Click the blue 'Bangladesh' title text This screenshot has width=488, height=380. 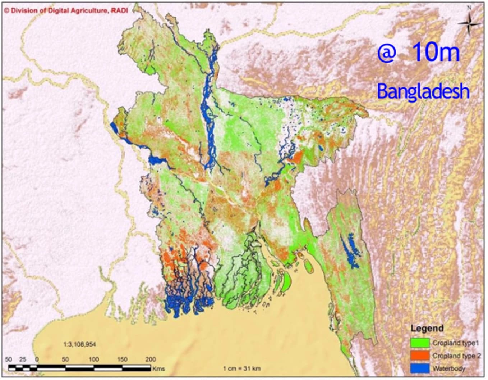(423, 91)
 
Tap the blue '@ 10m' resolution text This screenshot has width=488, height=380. (419, 52)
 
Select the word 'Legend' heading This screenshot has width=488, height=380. (427, 328)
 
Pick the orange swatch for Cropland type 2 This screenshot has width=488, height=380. (420, 356)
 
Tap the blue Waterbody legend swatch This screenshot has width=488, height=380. (420, 368)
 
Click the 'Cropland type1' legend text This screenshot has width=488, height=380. (456, 343)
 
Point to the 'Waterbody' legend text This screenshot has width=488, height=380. (449, 368)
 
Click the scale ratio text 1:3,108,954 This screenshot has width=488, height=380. (80, 344)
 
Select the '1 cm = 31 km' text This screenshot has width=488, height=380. (242, 368)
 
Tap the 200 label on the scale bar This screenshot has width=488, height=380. (150, 359)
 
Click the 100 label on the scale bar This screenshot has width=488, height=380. (93, 359)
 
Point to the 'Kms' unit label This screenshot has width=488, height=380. (158, 368)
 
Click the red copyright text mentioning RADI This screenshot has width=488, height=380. (66, 10)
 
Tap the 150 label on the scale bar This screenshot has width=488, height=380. (122, 359)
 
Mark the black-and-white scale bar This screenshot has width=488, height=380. (79, 368)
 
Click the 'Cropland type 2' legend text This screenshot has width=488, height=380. (456, 356)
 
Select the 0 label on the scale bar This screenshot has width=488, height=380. (37, 359)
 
